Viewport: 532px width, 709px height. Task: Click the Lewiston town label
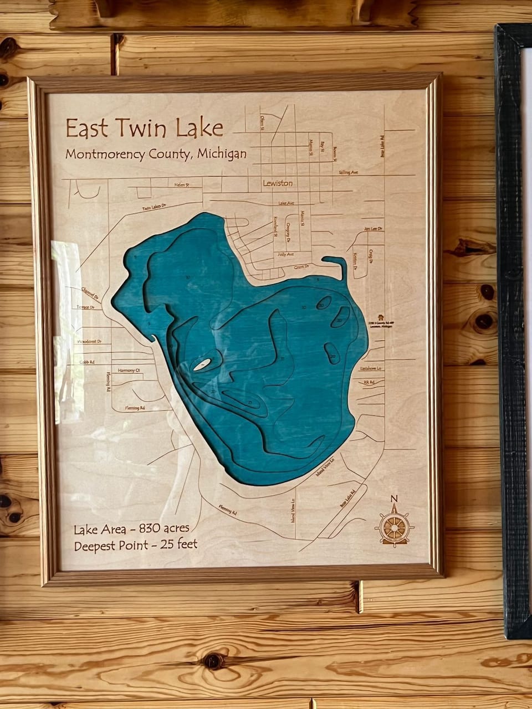pyautogui.click(x=278, y=183)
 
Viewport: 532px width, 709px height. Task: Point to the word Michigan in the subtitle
pyautogui.click(x=222, y=153)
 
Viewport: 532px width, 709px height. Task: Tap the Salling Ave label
pyautogui.click(x=349, y=173)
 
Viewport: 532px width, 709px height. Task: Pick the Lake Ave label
pyautogui.click(x=286, y=203)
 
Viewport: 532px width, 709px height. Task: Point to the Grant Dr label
pyautogui.click(x=301, y=267)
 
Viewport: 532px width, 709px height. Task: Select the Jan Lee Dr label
pyautogui.click(x=374, y=228)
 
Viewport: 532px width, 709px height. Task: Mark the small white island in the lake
pyautogui.click(x=202, y=364)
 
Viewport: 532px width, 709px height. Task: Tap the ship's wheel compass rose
pyautogui.click(x=394, y=527)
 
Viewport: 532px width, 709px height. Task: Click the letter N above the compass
pyautogui.click(x=394, y=497)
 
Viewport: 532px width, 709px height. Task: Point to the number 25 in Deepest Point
pyautogui.click(x=167, y=544)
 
